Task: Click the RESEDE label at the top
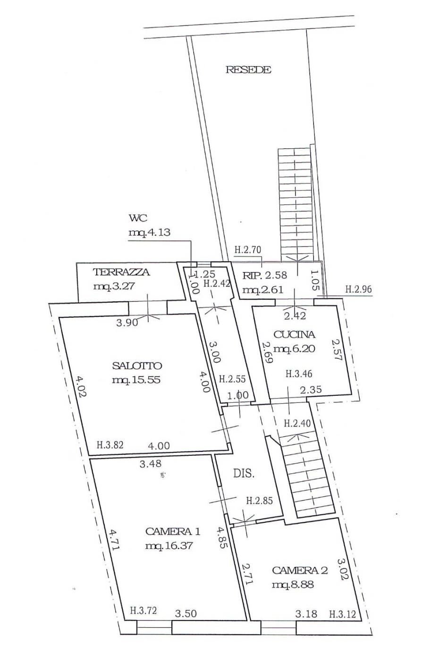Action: coord(248,70)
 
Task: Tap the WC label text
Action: coord(138,218)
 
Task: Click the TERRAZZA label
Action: coord(121,272)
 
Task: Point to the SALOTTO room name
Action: coord(137,366)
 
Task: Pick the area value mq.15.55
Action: coord(137,380)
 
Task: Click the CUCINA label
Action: coord(294,335)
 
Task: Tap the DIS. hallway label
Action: coord(244,474)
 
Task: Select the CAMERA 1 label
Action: coord(173,531)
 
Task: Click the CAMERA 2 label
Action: coord(300,570)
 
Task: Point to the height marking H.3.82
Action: coord(110,444)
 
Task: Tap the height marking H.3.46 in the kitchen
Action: coord(300,374)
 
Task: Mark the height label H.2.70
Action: coord(248,250)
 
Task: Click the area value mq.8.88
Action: coord(293,585)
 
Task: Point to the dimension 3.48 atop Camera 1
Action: coord(150,465)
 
